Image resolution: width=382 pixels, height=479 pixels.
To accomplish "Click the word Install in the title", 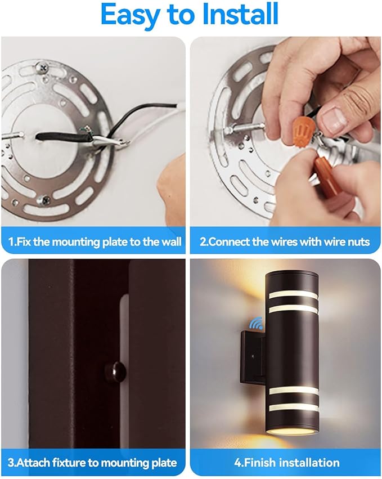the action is click(x=240, y=14).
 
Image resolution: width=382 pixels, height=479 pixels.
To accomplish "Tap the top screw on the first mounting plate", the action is click(x=42, y=67).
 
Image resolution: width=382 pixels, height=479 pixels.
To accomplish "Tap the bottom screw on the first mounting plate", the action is click(x=44, y=200).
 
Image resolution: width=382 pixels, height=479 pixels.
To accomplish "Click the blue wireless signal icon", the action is click(x=256, y=323).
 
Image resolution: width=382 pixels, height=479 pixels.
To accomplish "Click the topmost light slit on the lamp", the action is click(x=293, y=294).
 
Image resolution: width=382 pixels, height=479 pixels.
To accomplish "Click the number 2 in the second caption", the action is click(x=203, y=242).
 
